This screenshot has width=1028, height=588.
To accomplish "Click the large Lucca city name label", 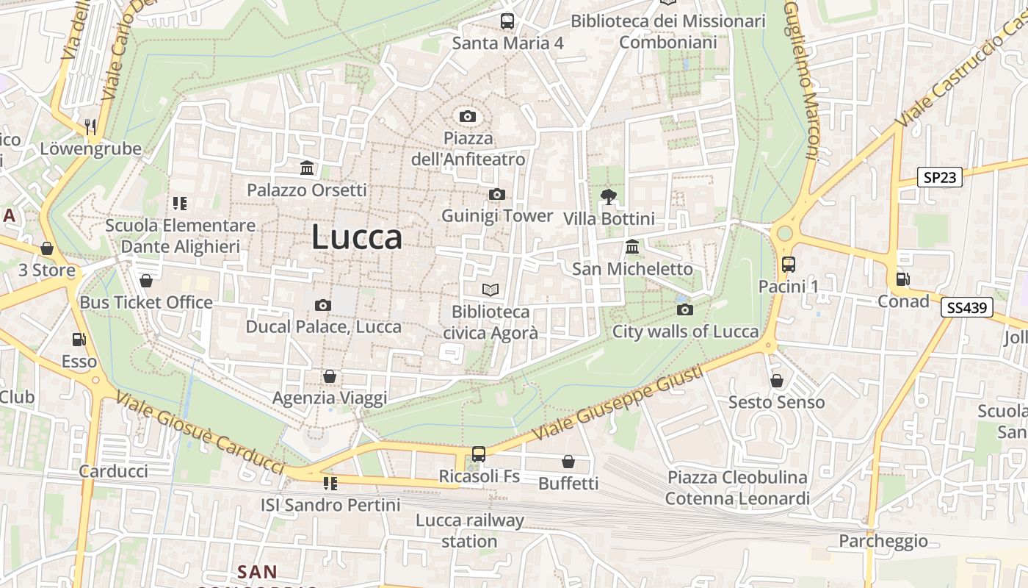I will tap(357, 237).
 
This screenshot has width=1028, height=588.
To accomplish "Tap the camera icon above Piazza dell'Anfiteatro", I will tap(467, 116).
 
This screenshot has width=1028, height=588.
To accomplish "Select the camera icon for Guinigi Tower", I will tap(497, 194).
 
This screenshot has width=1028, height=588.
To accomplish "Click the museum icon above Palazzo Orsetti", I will tap(307, 168).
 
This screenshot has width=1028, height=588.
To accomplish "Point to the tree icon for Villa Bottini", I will tap(608, 196).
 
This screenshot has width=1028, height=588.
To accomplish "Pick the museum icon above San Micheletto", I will tap(632, 246).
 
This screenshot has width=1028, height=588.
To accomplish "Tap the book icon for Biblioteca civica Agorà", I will tap(491, 290).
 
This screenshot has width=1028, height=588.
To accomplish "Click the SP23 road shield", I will tap(940, 177).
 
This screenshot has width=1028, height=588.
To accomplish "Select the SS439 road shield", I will tap(966, 308).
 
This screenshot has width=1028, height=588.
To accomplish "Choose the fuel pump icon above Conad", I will tap(902, 279).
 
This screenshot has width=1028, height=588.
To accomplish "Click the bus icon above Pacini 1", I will tap(789, 265).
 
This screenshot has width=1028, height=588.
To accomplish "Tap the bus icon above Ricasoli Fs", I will tap(479, 454).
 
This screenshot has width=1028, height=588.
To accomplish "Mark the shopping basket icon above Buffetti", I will tap(568, 462).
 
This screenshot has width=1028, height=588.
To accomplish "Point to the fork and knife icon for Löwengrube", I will tap(90, 127).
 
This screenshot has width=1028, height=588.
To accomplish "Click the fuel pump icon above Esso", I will tap(79, 340).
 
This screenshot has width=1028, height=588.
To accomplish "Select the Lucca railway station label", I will tap(470, 531).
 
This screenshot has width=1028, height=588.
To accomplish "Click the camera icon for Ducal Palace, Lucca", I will tap(323, 305).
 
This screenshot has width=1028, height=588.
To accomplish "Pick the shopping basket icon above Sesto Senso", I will tap(777, 381).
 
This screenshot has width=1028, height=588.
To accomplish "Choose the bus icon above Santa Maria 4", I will tap(507, 21).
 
